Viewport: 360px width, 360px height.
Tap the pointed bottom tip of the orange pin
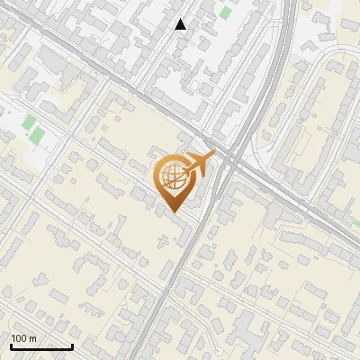tap(173, 211)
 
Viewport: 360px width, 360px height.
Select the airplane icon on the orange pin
tap(200, 163)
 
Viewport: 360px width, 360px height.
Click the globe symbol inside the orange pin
tap(173, 177)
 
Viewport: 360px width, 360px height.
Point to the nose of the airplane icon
tap(212, 156)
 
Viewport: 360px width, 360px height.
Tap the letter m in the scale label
tap(32, 337)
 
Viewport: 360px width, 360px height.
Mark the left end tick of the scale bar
tap(11, 346)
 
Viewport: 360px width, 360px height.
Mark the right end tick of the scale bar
tap(72, 346)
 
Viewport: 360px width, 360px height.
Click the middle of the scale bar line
tap(41, 347)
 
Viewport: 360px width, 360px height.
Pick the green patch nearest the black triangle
tap(222, 13)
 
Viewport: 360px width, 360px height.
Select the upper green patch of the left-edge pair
tap(30, 122)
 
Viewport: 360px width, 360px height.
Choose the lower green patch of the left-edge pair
tap(37, 137)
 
